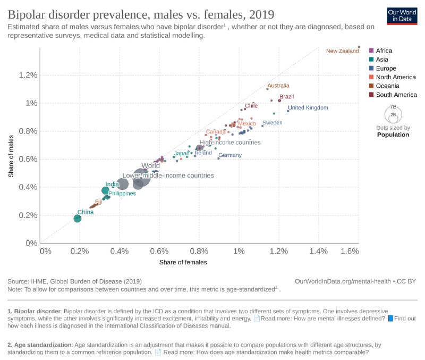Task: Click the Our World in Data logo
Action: [x=401, y=15]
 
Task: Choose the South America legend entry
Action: [x=395, y=95]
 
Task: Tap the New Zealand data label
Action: [x=342, y=51]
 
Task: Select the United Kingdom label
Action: [x=308, y=108]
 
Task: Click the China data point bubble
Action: [x=78, y=218]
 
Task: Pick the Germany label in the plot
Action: [x=230, y=155]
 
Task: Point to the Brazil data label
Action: [x=286, y=97]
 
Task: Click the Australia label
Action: [x=278, y=86]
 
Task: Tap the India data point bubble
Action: [x=105, y=190]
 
